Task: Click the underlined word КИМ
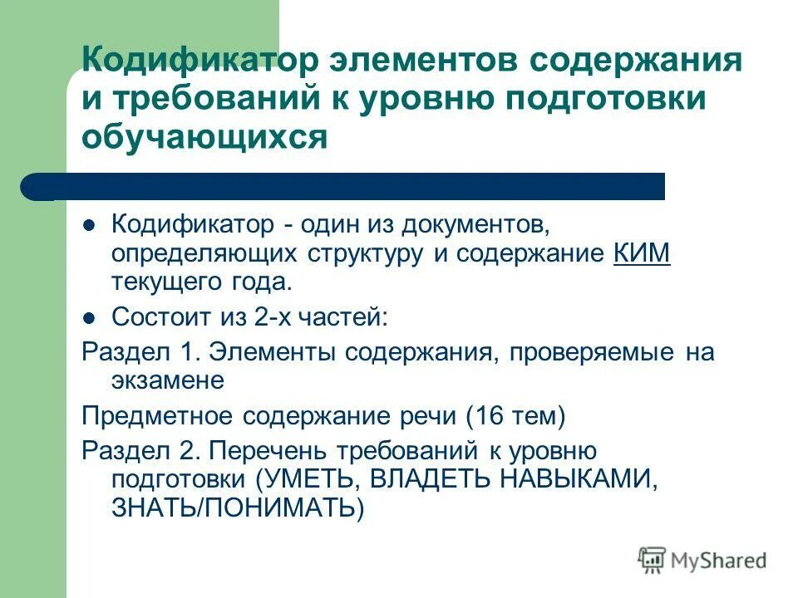click(x=642, y=253)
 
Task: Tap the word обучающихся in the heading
click(x=204, y=136)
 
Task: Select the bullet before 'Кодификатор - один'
click(x=91, y=225)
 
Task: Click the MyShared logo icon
click(x=652, y=561)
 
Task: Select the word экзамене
click(x=168, y=380)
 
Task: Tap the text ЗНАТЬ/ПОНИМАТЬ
click(x=238, y=507)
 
